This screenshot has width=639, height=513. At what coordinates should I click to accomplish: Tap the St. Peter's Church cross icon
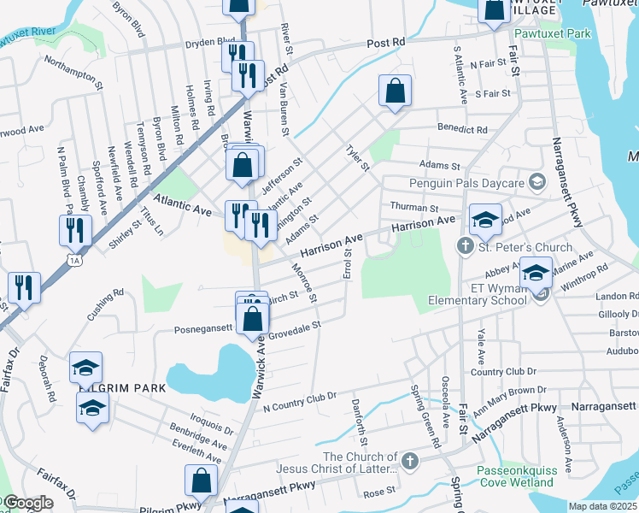click(465, 247)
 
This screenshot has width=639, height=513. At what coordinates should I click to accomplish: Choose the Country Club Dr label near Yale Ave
click(503, 371)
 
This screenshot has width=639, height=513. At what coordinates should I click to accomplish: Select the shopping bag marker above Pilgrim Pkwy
click(202, 482)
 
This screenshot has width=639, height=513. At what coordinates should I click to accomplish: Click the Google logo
click(27, 504)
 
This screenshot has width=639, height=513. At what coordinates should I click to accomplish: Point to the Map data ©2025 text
click(602, 506)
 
